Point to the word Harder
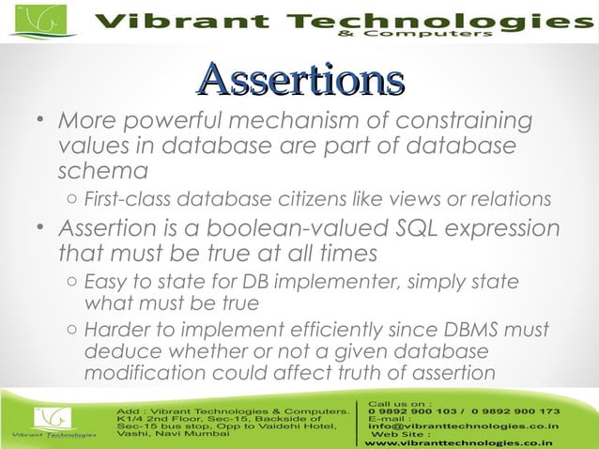pyautogui.click(x=115, y=331)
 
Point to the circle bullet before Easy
pyautogui.click(x=72, y=284)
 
